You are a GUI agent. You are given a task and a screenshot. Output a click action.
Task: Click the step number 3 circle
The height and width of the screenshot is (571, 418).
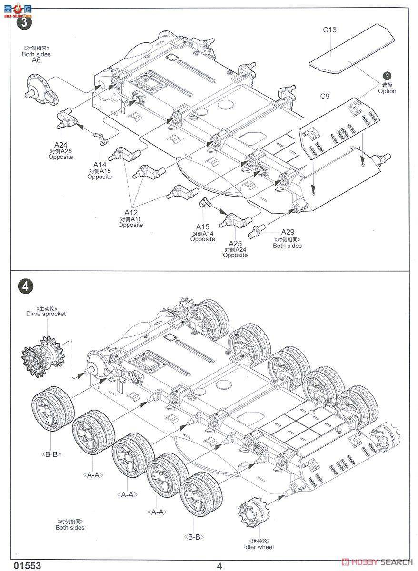23,22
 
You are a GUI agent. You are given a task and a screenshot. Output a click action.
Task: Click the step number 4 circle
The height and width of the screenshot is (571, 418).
25,286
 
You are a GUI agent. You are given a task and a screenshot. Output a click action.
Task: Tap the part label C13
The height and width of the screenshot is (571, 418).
329,30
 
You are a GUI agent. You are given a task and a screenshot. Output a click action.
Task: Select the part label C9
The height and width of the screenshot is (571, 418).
325,97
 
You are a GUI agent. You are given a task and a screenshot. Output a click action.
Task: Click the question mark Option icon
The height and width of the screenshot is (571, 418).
387,76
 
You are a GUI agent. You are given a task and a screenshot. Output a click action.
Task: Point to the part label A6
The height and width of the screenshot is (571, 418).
36,60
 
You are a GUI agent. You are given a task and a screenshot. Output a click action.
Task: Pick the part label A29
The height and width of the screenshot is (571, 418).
289,232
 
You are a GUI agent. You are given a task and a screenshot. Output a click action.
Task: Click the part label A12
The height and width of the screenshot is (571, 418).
131,212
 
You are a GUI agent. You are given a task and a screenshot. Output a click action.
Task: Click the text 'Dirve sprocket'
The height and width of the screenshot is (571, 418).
46,314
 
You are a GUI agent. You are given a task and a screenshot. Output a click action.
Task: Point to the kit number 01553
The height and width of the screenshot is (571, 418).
28,565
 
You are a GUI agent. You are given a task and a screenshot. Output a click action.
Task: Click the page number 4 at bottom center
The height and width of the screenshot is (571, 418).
219,565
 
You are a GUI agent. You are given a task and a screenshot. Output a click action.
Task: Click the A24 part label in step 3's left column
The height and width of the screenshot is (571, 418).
60,145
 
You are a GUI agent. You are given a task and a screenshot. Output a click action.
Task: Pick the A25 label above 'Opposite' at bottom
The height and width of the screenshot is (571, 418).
235,243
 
